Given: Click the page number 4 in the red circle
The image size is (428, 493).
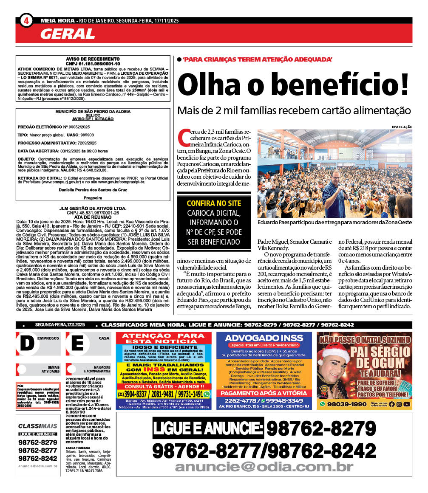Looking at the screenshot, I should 26,21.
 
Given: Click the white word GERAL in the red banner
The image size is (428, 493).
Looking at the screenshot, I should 68,34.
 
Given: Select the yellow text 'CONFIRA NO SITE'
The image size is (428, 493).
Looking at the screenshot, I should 214,203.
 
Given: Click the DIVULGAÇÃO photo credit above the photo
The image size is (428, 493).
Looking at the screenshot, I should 402,127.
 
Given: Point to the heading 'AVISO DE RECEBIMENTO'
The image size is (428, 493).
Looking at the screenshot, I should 93,59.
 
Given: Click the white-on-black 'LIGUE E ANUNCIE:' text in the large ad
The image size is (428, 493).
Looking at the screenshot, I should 208,428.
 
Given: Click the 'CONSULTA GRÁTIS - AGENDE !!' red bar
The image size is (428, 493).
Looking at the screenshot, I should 163,386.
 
